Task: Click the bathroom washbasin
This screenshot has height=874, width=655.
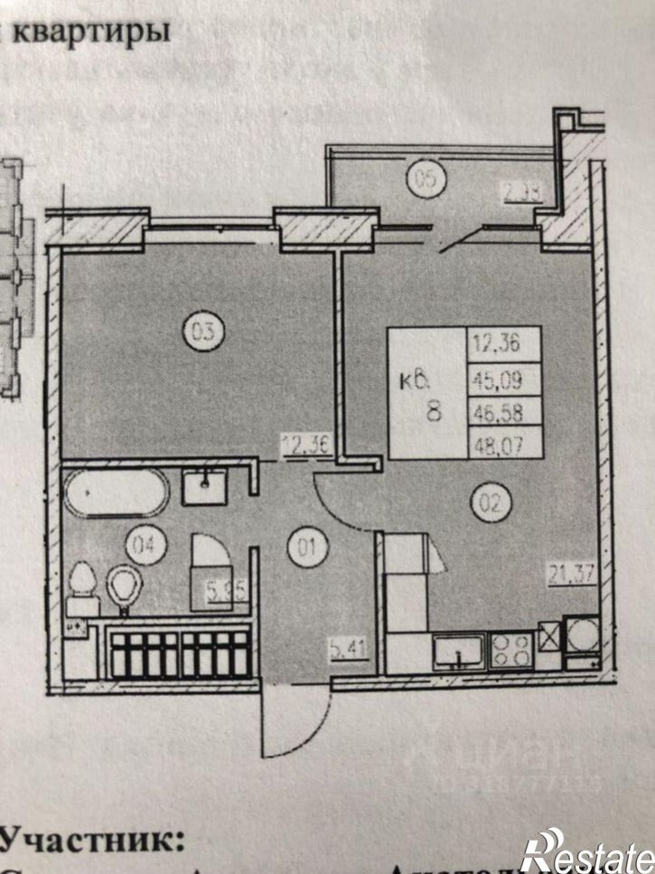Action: click(210, 489)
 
